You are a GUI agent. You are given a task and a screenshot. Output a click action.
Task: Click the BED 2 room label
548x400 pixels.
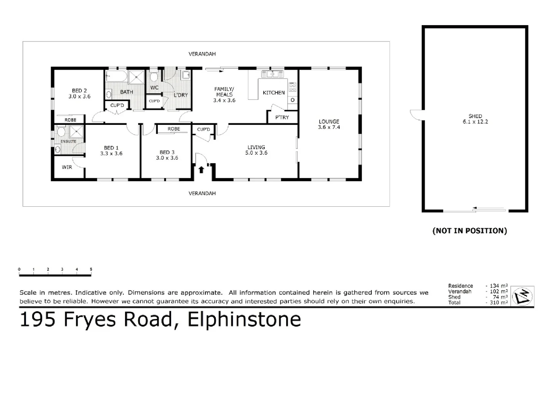pyautogui.click(x=79, y=90)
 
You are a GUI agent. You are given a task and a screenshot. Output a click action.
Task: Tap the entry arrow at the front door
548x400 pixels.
pyautogui.click(x=201, y=170)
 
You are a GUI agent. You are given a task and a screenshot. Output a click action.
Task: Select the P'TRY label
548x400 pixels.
pyautogui.click(x=282, y=117)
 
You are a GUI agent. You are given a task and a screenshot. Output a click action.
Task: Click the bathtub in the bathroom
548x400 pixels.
pyautogui.click(x=116, y=77)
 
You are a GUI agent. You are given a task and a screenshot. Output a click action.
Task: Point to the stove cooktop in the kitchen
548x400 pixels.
pyautogui.click(x=293, y=87)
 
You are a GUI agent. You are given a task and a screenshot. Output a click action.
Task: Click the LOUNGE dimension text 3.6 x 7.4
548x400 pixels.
pyautogui.click(x=329, y=127)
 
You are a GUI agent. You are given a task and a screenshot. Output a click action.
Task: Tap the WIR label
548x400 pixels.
pyautogui.click(x=67, y=167)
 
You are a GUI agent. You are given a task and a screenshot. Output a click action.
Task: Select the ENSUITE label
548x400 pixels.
pyautogui.click(x=68, y=141)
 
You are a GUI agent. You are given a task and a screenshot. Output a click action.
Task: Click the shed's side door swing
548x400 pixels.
pyautogui.click(x=416, y=115)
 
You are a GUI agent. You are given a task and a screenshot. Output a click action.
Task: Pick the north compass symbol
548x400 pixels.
pyautogui.click(x=522, y=296)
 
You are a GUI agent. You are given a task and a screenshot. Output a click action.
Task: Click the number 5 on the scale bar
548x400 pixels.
pyautogui.click(x=91, y=269)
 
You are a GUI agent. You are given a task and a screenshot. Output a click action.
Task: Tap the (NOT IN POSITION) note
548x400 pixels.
pyautogui.click(x=470, y=231)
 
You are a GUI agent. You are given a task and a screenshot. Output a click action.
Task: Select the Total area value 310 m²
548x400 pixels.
pyautogui.click(x=498, y=303)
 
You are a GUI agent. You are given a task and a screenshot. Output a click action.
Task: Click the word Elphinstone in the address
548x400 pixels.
pyautogui.click(x=244, y=319)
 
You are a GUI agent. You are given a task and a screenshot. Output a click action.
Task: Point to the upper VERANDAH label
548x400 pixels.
pyautogui.click(x=202, y=54)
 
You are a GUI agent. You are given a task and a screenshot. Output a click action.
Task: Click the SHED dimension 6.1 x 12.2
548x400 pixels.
pyautogui.click(x=475, y=122)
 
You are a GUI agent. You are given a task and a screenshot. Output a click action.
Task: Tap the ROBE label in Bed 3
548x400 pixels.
pyautogui.click(x=174, y=129)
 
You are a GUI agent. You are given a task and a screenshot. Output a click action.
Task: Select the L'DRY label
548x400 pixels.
pyautogui.click(x=181, y=95)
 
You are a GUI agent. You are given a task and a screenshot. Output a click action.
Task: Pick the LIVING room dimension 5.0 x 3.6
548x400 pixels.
pyautogui.click(x=256, y=153)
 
